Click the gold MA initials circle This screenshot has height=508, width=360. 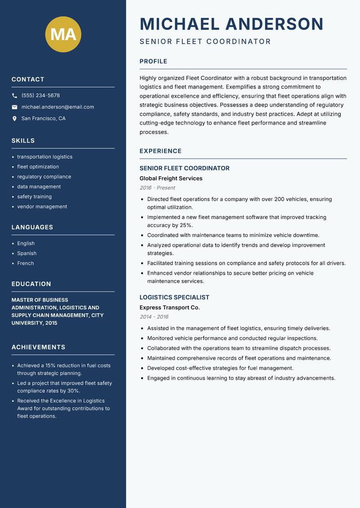[x=63, y=34]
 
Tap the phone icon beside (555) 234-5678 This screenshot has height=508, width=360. [x=14, y=95]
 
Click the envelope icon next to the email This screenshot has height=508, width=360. [x=14, y=107]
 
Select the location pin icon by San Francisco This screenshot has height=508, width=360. [x=14, y=119]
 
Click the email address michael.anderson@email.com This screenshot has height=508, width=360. [x=58, y=107]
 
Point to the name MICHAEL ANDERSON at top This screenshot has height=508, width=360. [x=231, y=24]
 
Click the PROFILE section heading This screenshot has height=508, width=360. [x=153, y=62]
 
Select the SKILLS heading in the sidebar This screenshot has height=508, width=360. [x=23, y=141]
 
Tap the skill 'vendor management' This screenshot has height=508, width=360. [x=42, y=207]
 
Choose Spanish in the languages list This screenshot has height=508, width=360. [x=27, y=254]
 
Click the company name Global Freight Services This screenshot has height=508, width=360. [x=171, y=178]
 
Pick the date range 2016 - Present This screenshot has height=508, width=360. [x=157, y=188]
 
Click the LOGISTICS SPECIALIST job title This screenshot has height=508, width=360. [x=174, y=297]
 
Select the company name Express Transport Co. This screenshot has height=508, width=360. [x=170, y=307]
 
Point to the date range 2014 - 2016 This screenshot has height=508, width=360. [x=154, y=317]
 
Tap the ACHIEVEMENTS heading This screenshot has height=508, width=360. [x=38, y=347]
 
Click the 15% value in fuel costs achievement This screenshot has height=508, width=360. [x=50, y=365]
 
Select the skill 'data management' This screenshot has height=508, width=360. [x=39, y=187]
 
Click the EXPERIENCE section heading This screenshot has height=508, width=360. [x=160, y=151]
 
